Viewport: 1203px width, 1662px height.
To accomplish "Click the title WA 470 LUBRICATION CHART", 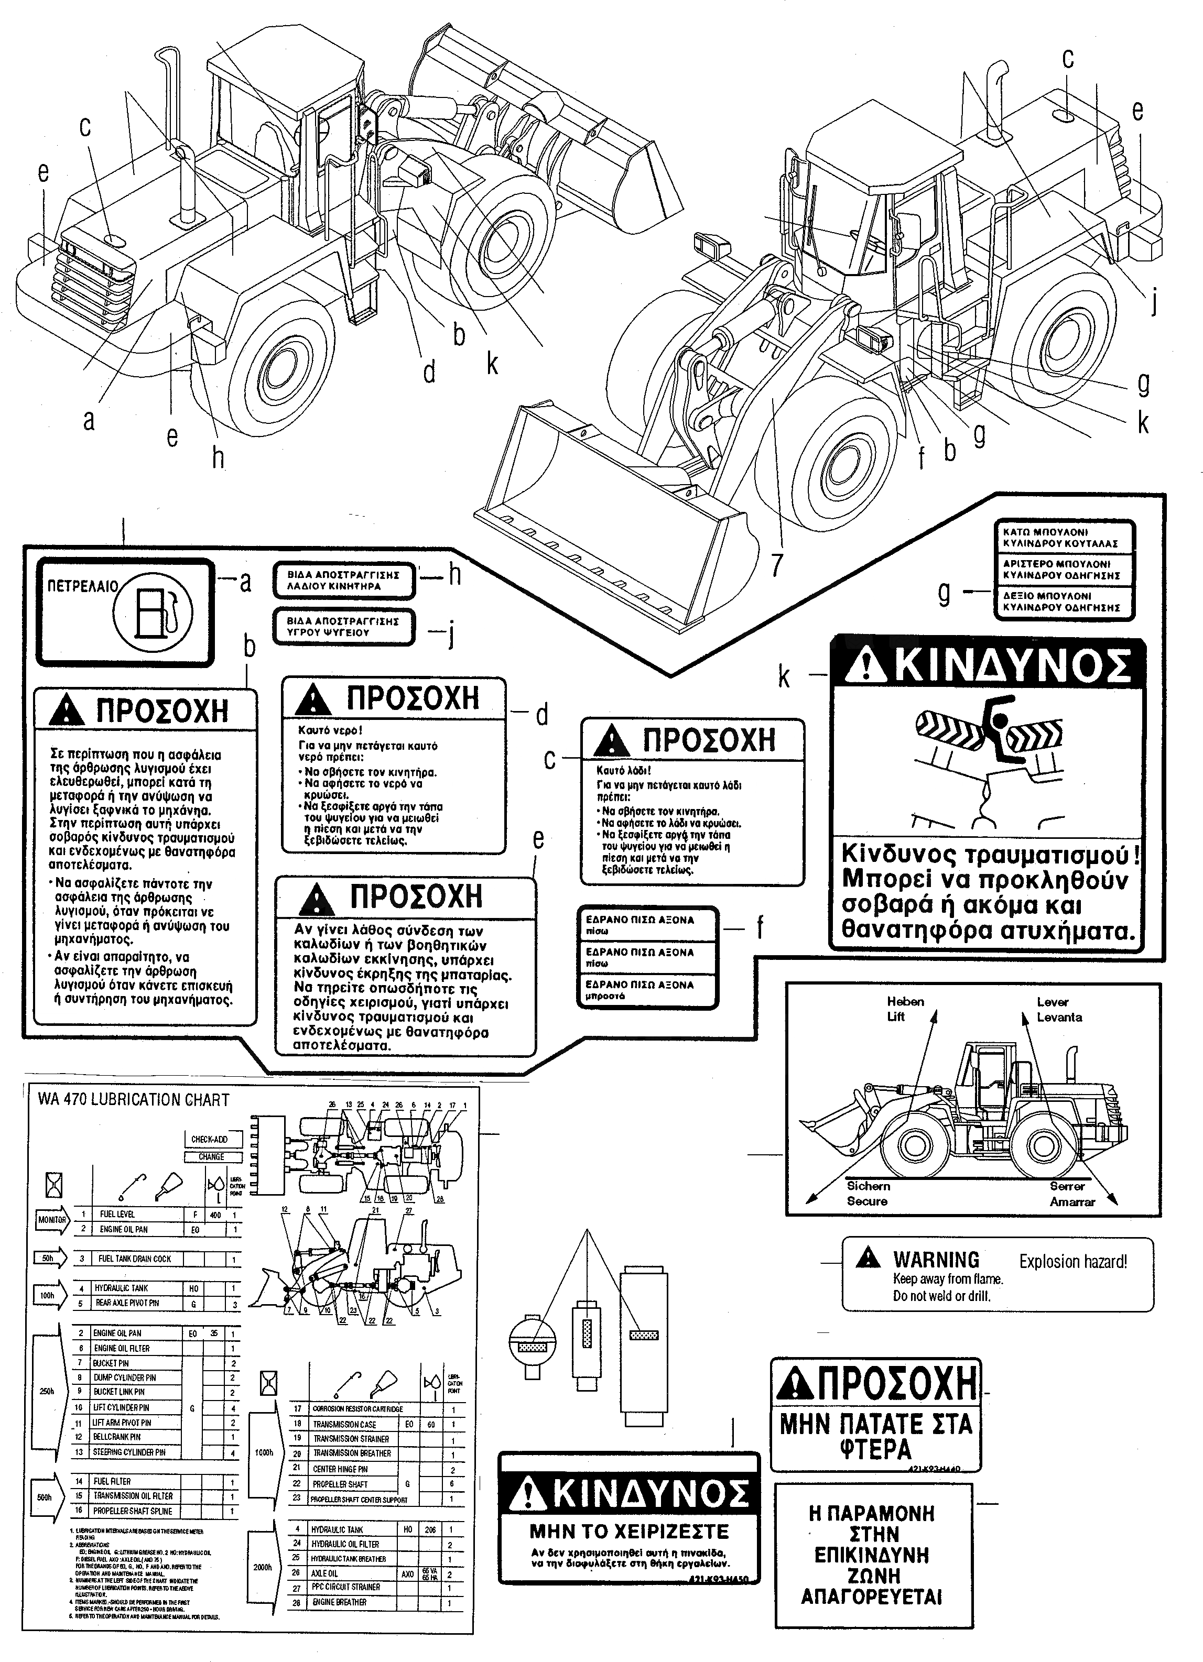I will pos(134,1100).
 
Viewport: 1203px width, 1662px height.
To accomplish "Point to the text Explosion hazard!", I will pos(1072,1261).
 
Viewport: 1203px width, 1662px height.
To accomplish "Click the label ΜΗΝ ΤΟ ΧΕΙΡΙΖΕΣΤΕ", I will pos(629,1532).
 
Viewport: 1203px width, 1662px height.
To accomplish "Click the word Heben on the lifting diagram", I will pos(905,1002).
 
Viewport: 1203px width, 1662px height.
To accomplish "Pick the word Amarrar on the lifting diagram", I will pos(1072,1202).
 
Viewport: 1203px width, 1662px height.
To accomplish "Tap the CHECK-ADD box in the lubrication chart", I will pos(209,1140).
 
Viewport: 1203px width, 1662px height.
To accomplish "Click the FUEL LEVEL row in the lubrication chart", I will pos(117,1214).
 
